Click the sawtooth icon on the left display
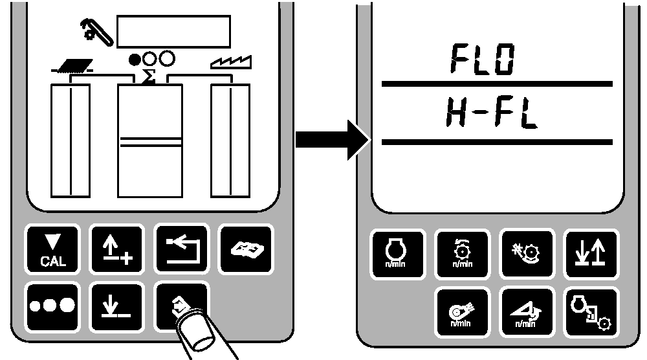click(x=232, y=62)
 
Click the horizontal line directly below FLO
click(x=497, y=84)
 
